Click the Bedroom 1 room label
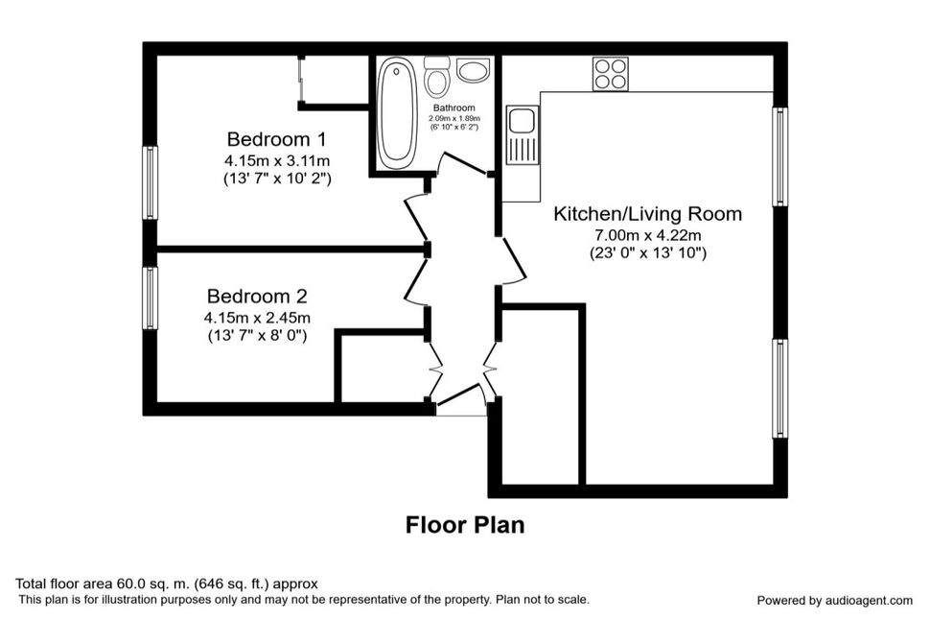point(276,139)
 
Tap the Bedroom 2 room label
point(257,297)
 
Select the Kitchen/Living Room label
point(648,214)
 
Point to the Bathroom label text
point(453,108)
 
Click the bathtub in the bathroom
point(397,113)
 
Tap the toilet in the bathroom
point(436,76)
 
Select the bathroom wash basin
point(474,70)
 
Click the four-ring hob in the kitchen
point(611,74)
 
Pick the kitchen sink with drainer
point(522,134)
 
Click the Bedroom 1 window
point(151,182)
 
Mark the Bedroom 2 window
point(151,298)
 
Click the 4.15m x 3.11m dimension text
point(277,160)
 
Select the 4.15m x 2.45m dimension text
point(257,318)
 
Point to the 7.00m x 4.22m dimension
point(648,235)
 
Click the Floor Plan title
point(465,525)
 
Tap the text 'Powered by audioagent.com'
point(834,601)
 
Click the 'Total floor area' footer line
point(167,584)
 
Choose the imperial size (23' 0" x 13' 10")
point(648,253)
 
